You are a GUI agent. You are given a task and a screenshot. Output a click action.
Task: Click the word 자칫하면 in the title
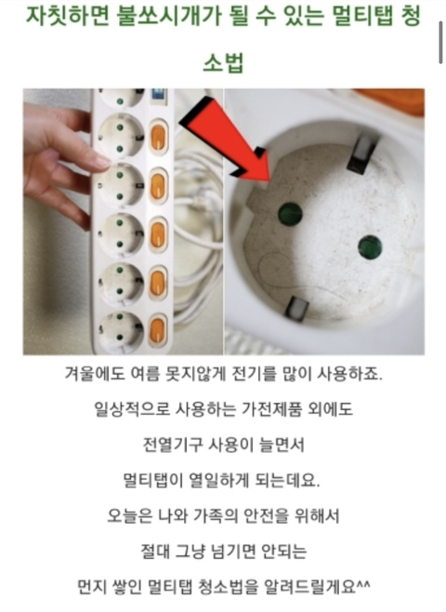point(68,16)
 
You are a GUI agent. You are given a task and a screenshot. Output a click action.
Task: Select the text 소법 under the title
point(223,62)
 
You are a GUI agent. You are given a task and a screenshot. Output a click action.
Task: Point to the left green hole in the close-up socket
point(290,214)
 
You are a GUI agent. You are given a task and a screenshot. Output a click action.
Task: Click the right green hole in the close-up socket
point(370,247)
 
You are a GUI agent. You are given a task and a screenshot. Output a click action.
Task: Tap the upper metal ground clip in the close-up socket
point(362,154)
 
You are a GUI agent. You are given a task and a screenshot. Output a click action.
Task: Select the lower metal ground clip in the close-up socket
point(297,308)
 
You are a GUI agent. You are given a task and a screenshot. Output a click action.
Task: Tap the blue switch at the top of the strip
point(159,96)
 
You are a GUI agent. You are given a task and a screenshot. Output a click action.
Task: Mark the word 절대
point(154,552)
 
